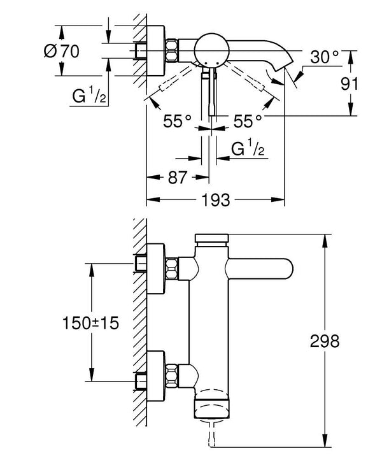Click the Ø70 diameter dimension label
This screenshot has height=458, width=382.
pos(62,52)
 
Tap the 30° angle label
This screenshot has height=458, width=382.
pos(325,57)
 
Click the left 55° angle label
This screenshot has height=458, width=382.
pos(176,120)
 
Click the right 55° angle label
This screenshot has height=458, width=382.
pos(247,120)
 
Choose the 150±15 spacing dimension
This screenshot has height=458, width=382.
pos(91,323)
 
